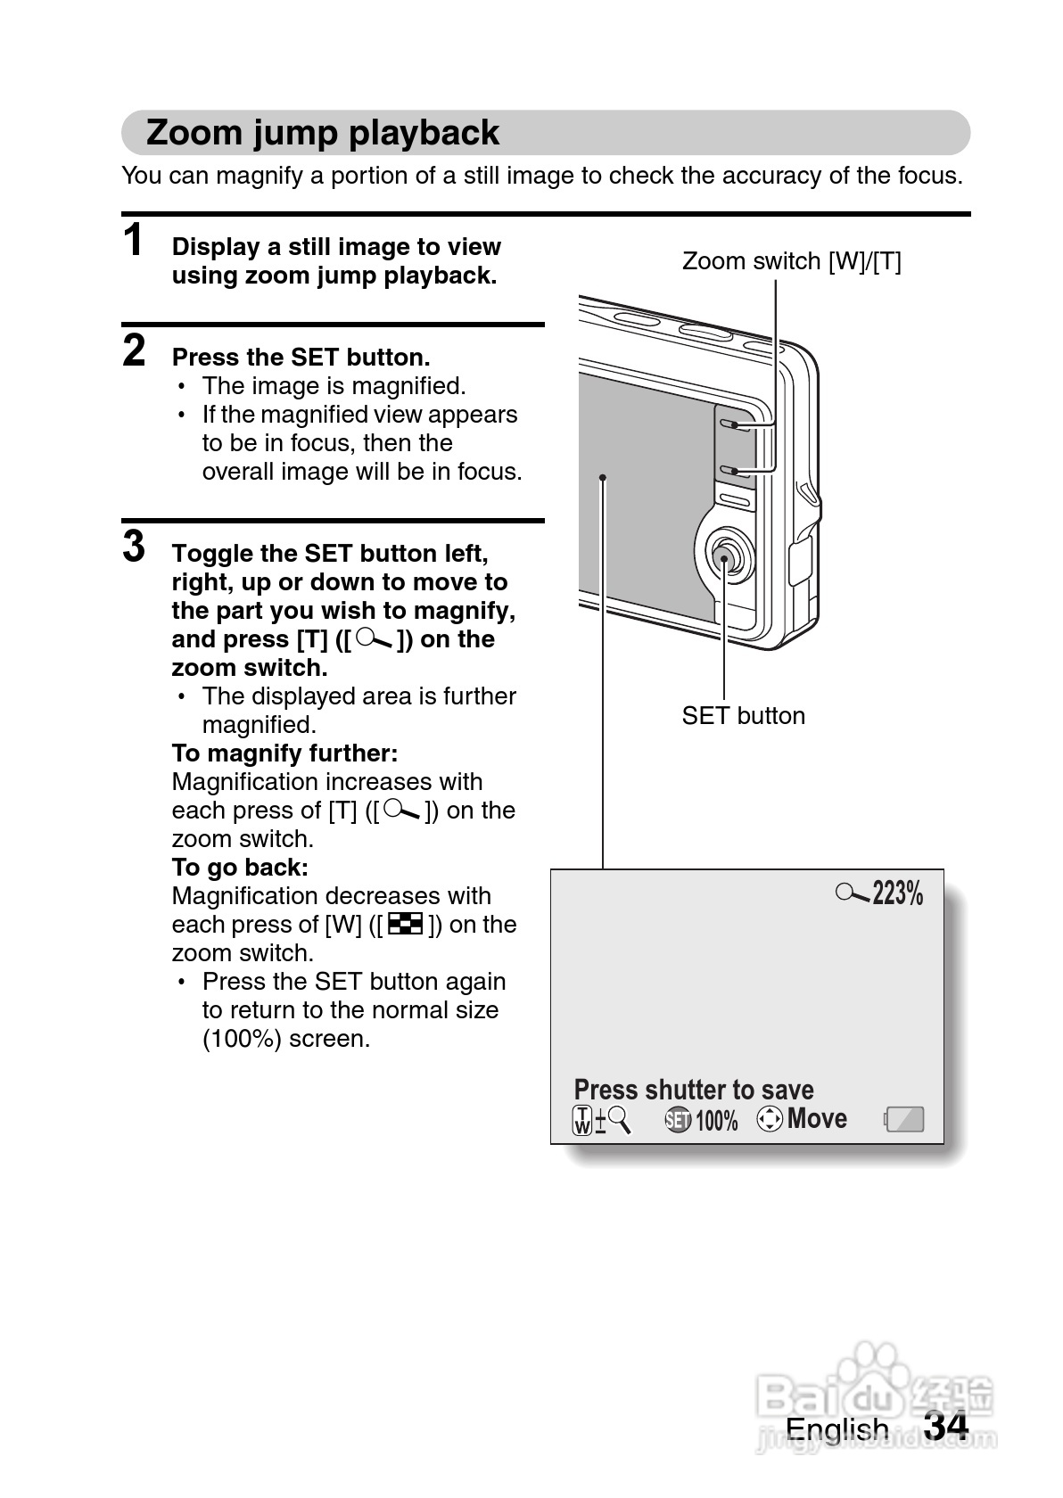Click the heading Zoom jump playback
coord(322,133)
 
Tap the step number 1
coord(134,240)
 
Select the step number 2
coord(134,350)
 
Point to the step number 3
coord(134,546)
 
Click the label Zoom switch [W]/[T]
coord(791,261)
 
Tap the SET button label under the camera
coord(743,716)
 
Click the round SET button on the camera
coord(724,557)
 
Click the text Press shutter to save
coord(694,1090)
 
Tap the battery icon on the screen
coord(904,1119)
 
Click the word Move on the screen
coord(817,1118)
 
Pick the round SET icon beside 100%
coord(678,1120)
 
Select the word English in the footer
coord(836,1429)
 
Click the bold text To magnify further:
coord(284,753)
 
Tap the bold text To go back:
coord(240,868)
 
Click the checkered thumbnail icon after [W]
coord(406,924)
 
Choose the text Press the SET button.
coord(301,358)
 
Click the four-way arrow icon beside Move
coord(770,1118)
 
